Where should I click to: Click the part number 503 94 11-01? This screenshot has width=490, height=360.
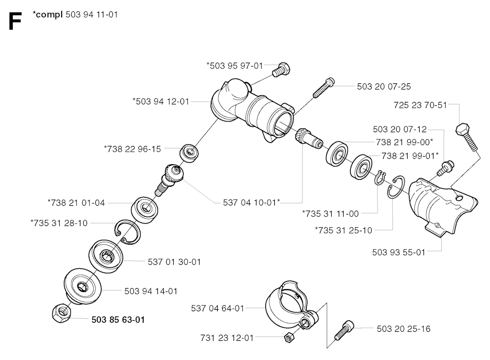91,14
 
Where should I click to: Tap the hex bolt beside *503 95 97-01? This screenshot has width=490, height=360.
280,69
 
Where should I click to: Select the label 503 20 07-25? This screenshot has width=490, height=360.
384,87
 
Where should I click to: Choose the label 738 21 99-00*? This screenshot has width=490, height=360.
404,142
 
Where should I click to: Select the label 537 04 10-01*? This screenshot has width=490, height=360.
251,202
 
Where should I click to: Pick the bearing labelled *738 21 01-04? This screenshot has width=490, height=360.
145,210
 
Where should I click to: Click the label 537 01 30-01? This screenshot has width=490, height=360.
174,262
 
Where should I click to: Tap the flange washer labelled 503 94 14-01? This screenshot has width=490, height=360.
83,286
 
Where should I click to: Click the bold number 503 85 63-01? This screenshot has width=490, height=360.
118,320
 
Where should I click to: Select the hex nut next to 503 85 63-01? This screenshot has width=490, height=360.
62,313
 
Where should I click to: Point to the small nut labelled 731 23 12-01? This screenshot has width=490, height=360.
290,337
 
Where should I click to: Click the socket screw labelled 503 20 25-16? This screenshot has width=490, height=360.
344,330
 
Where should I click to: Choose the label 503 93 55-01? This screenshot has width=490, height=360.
399,252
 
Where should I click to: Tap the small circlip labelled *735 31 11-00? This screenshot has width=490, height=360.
379,178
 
